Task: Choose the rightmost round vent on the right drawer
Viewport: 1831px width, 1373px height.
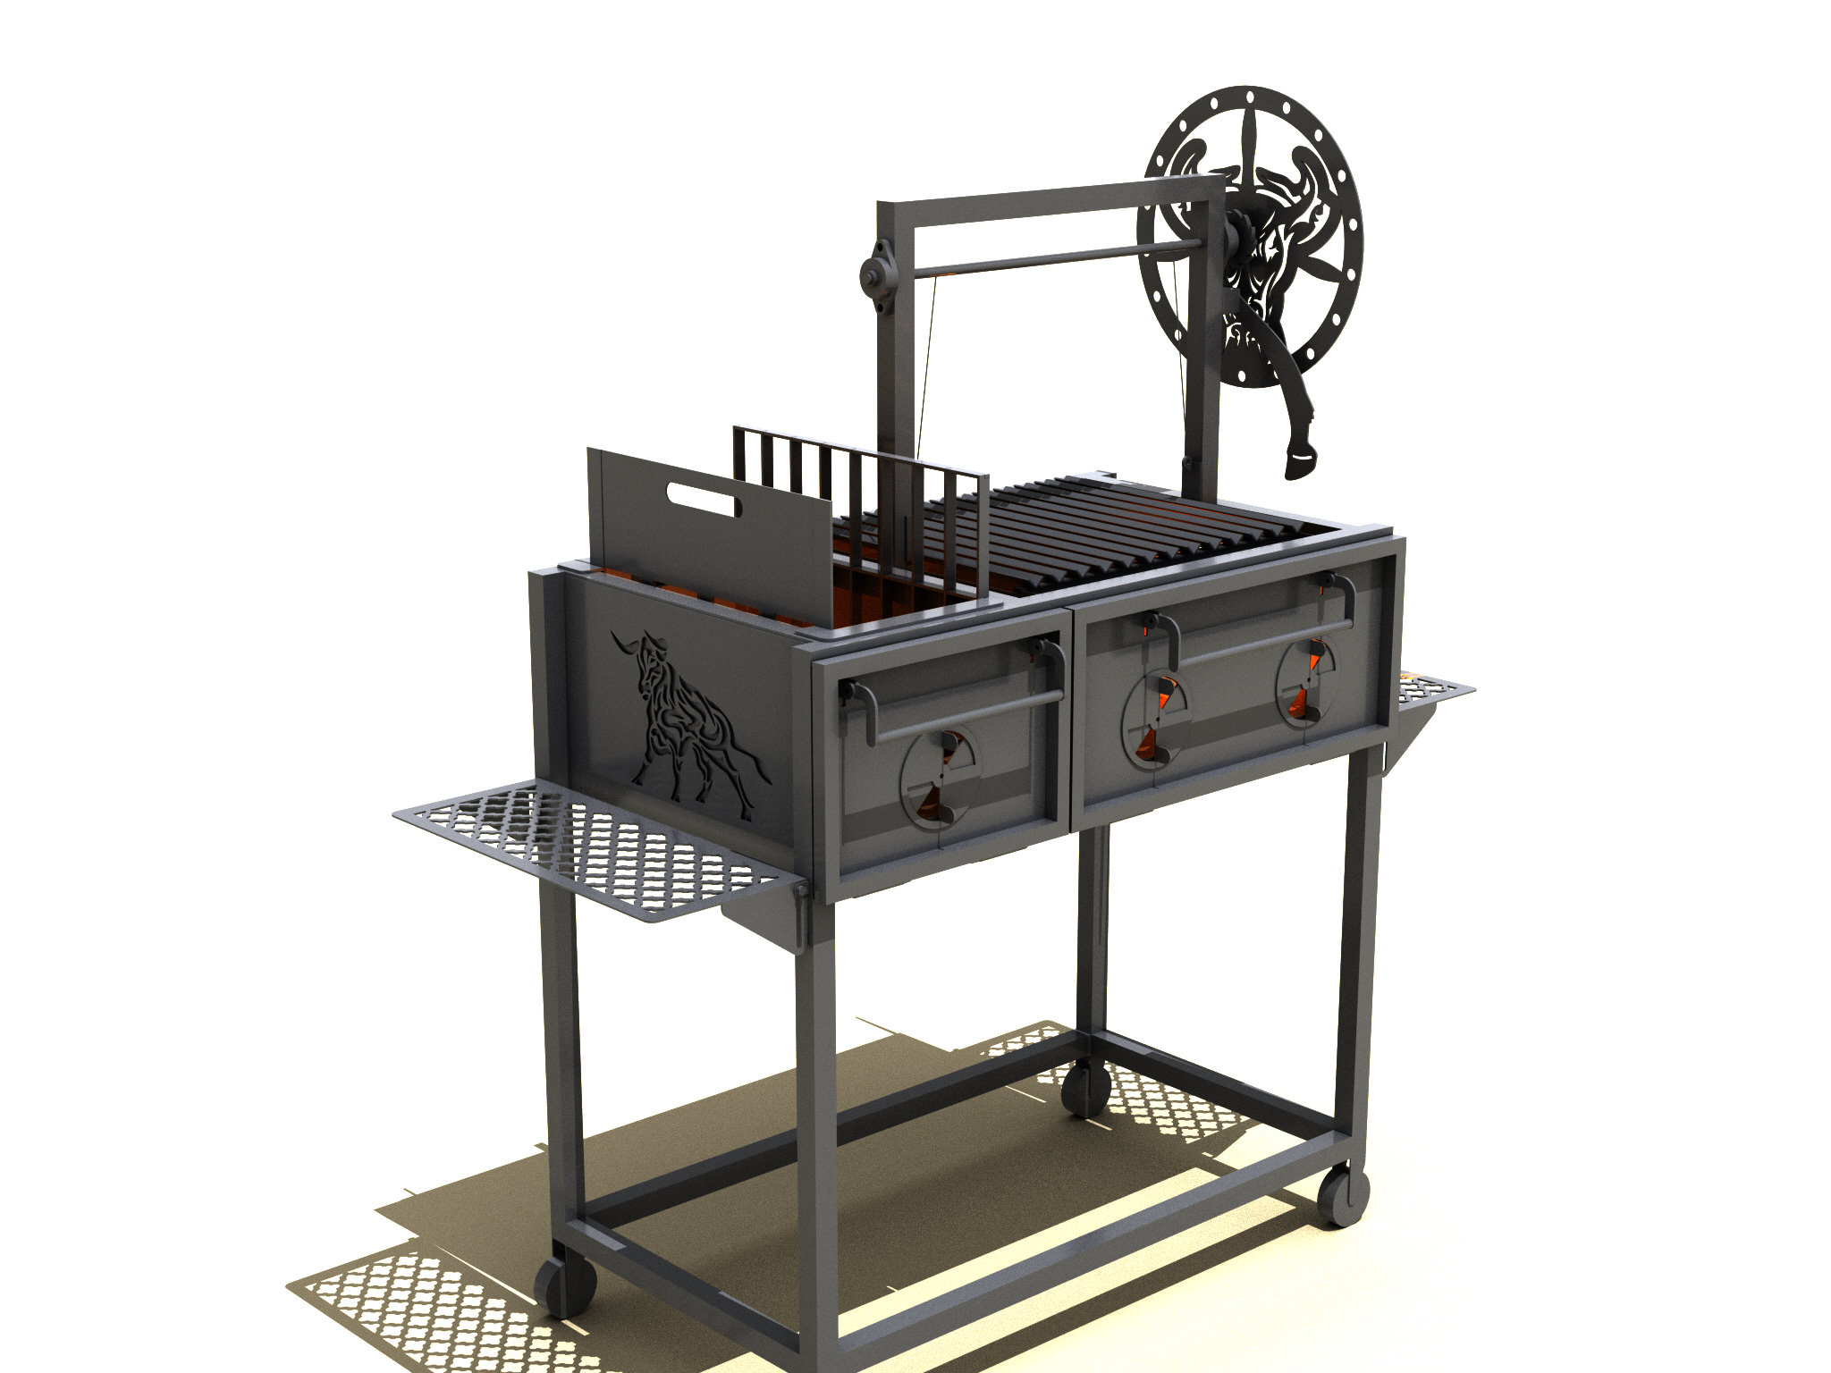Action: (x=1306, y=682)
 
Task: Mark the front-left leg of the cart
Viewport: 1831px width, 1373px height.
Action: (x=815, y=1117)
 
